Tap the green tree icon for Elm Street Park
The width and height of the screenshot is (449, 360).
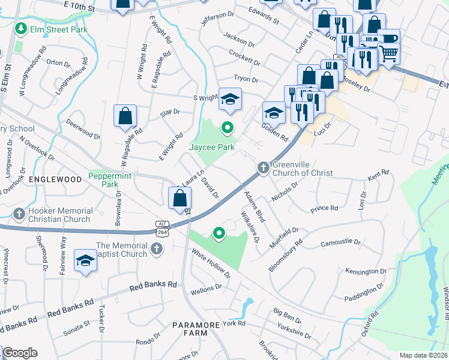click(21, 29)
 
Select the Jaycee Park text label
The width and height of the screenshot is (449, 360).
click(212, 146)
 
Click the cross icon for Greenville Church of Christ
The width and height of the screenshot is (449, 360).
click(263, 168)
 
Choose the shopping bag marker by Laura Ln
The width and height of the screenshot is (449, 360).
click(179, 197)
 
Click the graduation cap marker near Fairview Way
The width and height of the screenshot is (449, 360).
click(85, 261)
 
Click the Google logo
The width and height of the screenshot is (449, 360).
click(19, 353)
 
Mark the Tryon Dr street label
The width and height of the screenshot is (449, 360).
click(246, 79)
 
